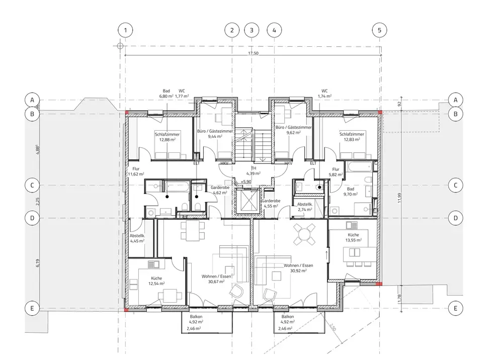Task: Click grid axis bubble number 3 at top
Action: click(x=251, y=30)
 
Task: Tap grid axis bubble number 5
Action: click(x=379, y=30)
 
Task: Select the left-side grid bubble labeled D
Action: click(x=32, y=218)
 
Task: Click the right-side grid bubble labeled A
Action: click(x=456, y=100)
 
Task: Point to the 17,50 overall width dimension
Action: click(x=253, y=53)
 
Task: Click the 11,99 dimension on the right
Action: click(x=399, y=198)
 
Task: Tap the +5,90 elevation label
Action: click(x=246, y=182)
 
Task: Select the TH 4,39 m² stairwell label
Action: click(x=254, y=171)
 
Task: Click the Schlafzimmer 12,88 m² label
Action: click(x=167, y=137)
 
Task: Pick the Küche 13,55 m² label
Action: click(x=354, y=237)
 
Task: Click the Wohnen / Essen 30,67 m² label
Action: click(x=216, y=279)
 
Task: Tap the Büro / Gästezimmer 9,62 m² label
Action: click(x=294, y=130)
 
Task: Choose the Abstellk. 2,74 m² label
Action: click(x=305, y=207)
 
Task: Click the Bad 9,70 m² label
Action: click(x=351, y=192)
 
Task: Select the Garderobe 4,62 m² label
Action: click(x=220, y=190)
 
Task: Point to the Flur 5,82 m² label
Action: click(x=336, y=172)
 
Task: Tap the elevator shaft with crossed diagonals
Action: click(x=247, y=201)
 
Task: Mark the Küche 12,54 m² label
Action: click(x=156, y=281)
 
